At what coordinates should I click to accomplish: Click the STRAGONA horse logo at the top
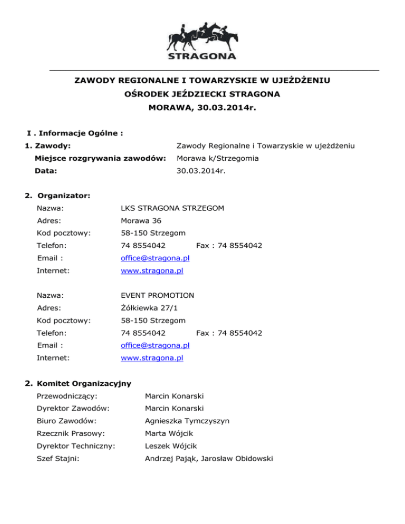click(x=202, y=40)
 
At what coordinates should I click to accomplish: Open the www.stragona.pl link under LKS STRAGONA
click(x=152, y=270)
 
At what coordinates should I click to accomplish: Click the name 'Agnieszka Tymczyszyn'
click(x=187, y=421)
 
